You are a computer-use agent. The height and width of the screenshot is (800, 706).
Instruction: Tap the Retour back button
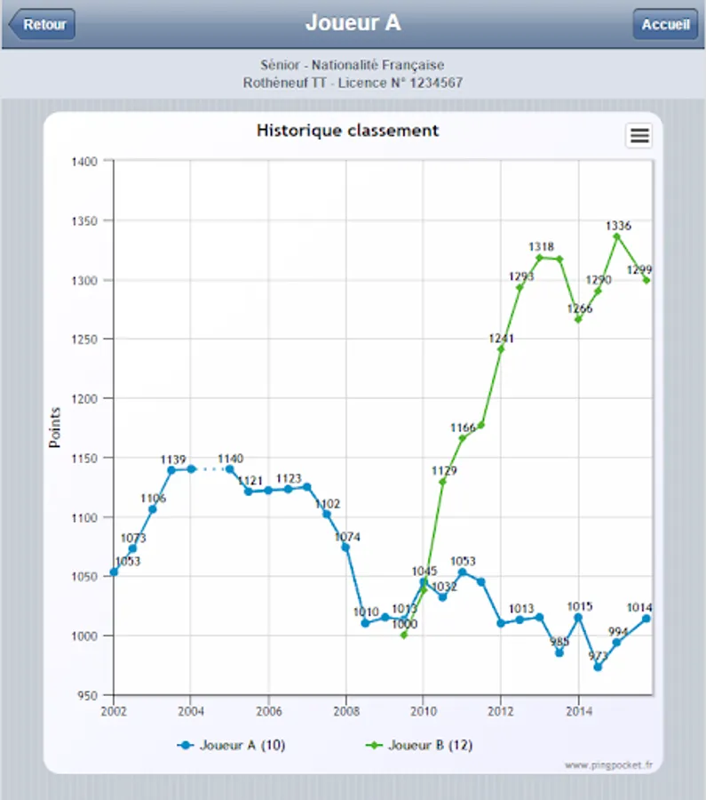[x=42, y=24]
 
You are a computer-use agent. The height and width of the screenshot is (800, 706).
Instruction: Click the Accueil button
[x=665, y=24]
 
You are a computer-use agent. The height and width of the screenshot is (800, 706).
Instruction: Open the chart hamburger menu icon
[x=639, y=135]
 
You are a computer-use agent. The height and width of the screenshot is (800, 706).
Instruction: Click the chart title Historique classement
[x=347, y=131]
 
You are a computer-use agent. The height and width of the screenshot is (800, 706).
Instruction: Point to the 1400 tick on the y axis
[x=86, y=161]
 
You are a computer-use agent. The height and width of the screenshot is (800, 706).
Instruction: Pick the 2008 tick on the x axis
[x=345, y=711]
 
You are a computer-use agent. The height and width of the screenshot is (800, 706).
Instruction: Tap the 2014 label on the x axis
[x=578, y=711]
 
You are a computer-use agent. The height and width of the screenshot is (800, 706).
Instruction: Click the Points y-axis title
[x=54, y=428]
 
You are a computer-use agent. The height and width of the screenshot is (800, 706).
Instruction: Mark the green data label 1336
[x=617, y=226]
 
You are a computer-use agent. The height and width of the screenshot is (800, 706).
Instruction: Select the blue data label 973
[x=598, y=657]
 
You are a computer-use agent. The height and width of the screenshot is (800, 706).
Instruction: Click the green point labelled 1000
[x=404, y=635]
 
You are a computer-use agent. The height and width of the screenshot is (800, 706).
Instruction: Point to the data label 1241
[x=501, y=338]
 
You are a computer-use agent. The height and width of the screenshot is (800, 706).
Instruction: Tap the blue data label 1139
[x=172, y=460]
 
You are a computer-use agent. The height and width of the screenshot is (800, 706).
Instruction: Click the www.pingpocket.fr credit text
[x=613, y=764]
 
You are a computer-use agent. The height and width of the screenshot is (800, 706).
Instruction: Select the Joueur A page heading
[x=353, y=23]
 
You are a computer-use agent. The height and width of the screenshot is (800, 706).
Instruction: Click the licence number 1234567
[x=431, y=83]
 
